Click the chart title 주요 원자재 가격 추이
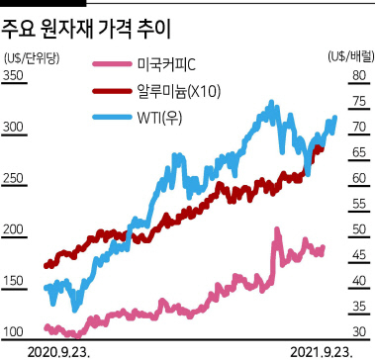pos(85,31)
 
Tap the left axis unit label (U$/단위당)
pos(31,58)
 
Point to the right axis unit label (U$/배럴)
pos(351,56)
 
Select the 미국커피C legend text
pos(166,65)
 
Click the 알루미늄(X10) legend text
pos(178,91)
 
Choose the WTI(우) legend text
pos(159,118)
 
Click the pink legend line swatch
pos(112,64)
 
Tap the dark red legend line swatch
pos(112,91)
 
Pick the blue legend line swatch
pos(112,117)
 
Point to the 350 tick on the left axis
pos(13,76)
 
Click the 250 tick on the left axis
pos(13,178)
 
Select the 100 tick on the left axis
pos(13,332)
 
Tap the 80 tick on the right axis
pos(359,76)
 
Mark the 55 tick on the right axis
pos(359,204)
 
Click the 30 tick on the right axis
pos(359,332)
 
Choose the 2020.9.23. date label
pos(58,352)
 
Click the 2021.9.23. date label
pos(322,352)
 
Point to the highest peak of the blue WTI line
pos(271,102)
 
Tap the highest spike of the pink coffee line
pos(277,229)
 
